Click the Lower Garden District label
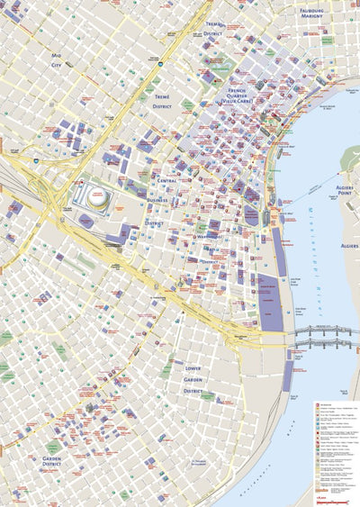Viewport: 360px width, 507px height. point(193,380)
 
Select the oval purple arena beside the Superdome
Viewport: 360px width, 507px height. point(86,219)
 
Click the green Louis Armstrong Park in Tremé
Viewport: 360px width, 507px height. point(187,104)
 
